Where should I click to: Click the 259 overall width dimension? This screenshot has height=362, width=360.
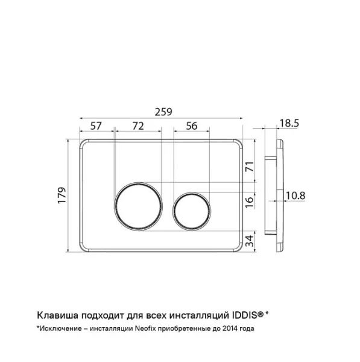163,112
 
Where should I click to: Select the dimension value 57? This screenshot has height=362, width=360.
96,126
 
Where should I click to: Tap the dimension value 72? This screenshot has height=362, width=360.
138,126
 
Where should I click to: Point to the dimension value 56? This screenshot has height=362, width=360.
192,126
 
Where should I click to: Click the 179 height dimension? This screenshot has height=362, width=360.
62,195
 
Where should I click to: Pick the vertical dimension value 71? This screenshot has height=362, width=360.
250,167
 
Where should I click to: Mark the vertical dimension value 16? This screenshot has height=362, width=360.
250,202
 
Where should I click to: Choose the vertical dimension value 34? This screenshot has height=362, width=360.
250,241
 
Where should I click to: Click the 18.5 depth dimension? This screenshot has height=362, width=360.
289,123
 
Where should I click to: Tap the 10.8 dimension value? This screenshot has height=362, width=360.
295,195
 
